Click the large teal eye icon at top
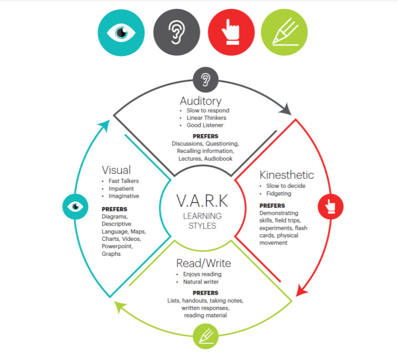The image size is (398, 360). (x=121, y=32)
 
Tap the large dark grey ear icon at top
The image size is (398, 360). (x=176, y=32)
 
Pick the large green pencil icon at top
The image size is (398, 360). (x=284, y=32)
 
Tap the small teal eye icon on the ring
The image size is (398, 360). (x=75, y=207)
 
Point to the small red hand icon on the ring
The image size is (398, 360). (x=330, y=207)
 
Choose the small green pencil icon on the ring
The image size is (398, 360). (x=205, y=336)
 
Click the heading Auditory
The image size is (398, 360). (x=200, y=101)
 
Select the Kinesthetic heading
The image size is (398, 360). (x=287, y=175)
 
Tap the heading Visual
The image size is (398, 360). (x=116, y=170)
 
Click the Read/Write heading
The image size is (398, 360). (x=203, y=263)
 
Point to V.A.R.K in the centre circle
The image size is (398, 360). (x=203, y=200)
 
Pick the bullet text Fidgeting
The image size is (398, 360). (x=280, y=194)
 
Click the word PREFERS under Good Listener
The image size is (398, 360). (x=205, y=136)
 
